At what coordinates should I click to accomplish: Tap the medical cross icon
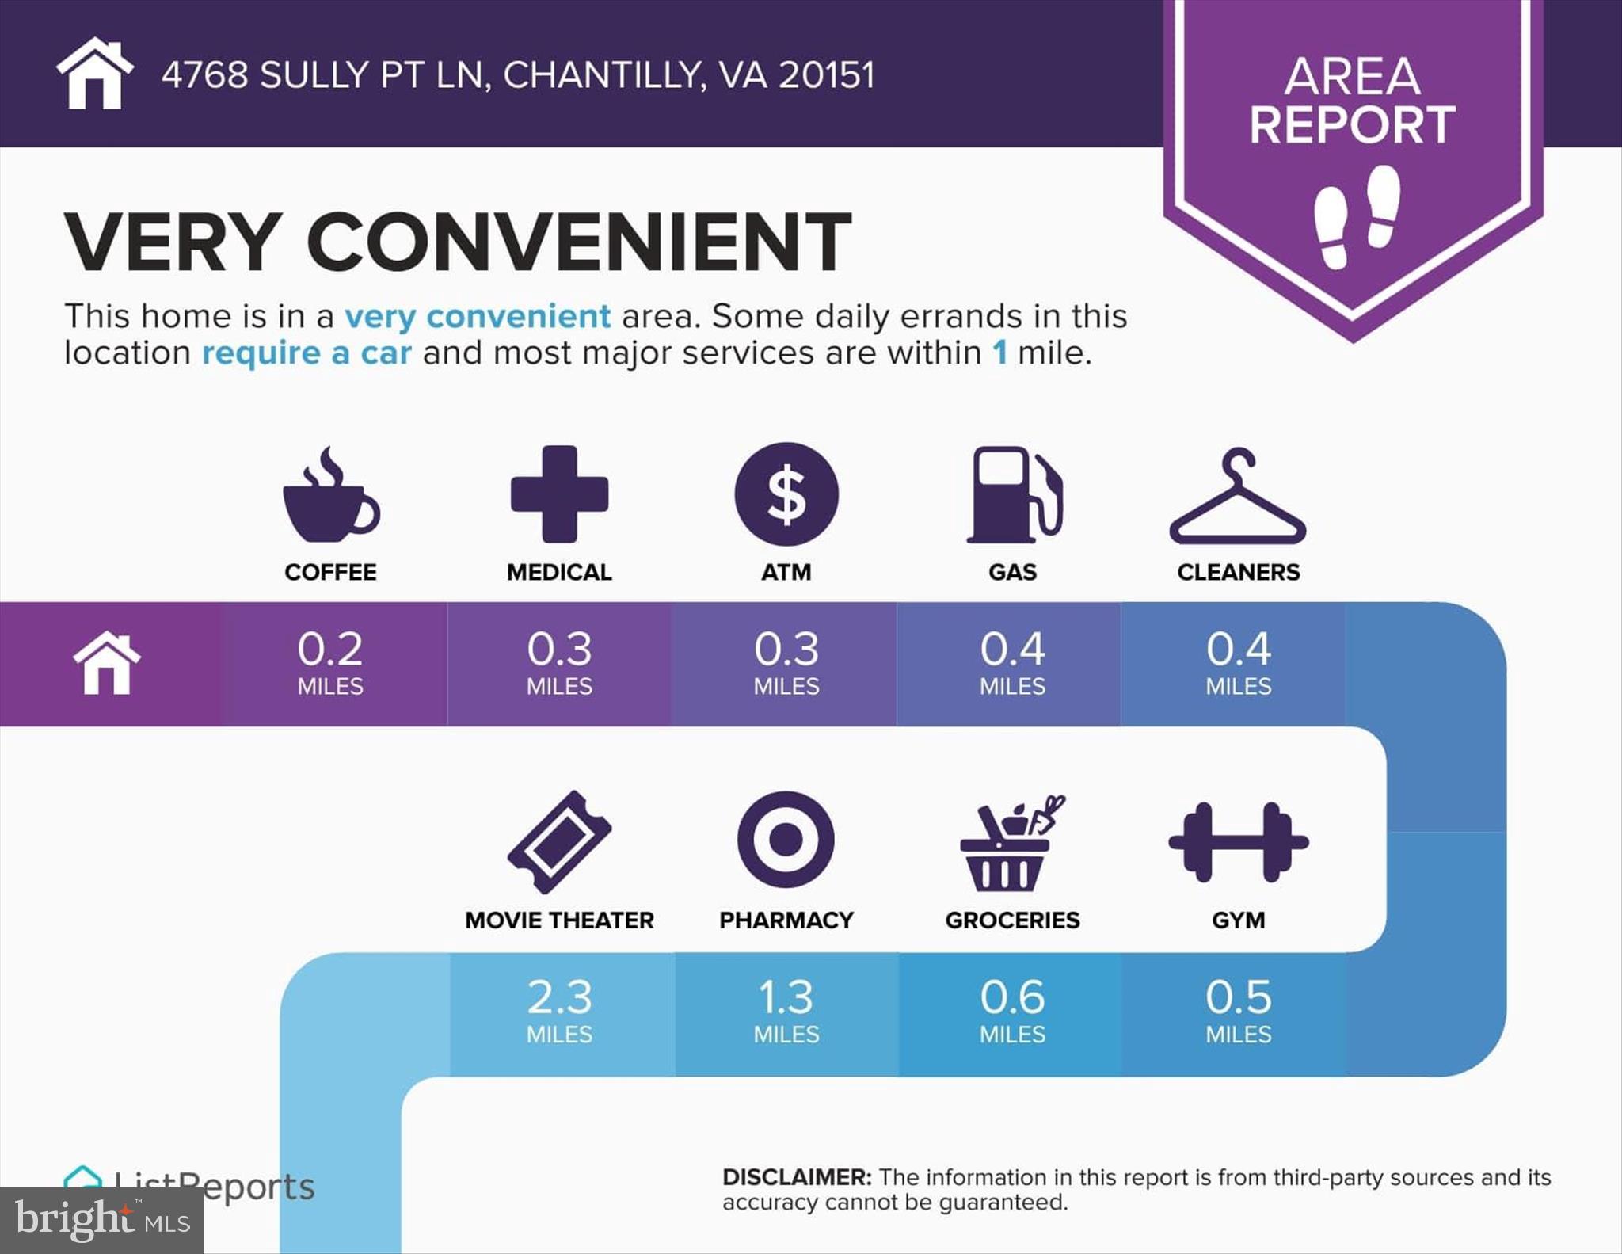pos(559,494)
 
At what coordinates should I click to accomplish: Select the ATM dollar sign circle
pos(786,494)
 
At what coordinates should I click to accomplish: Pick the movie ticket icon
pos(559,842)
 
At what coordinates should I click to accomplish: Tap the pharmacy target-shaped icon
pos(786,840)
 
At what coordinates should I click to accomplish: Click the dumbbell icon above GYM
pos(1239,842)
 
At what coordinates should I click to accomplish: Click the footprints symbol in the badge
pos(1357,215)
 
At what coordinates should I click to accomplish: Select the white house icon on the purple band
pos(107,663)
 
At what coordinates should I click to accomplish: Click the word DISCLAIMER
pos(796,1177)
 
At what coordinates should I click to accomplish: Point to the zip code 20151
pos(827,75)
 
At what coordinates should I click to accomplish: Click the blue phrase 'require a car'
pos(307,353)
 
